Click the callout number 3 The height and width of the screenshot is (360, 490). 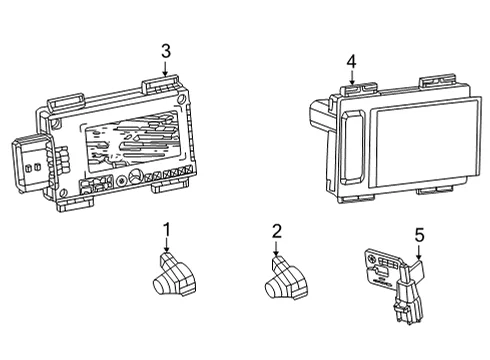point(166,52)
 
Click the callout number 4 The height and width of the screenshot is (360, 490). point(351,62)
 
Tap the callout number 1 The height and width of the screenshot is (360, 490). point(167,230)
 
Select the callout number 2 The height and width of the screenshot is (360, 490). point(277,231)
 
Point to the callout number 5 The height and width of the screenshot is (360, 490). point(420,235)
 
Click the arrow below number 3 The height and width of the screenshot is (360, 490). point(165,69)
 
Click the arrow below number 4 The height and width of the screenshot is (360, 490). point(351,78)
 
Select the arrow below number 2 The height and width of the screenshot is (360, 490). point(276,248)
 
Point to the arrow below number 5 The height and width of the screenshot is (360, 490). point(419,252)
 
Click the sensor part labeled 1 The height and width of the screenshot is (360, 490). point(175,276)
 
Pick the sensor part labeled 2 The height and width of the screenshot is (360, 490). point(286,279)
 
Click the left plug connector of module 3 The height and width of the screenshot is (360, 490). point(32,165)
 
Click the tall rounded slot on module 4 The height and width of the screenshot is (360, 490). point(353,147)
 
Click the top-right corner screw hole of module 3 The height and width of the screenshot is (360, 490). point(181,99)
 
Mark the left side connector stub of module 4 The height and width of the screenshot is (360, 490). point(319,114)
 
